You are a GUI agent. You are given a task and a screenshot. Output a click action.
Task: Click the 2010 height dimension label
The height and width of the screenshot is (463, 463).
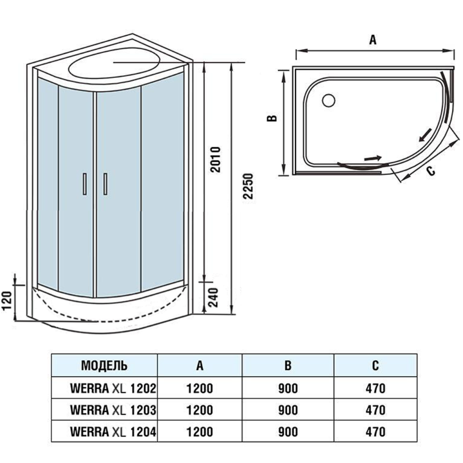pyautogui.click(x=215, y=160)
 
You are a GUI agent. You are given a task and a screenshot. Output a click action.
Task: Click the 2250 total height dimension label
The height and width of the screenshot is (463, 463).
pyautogui.click(x=247, y=186)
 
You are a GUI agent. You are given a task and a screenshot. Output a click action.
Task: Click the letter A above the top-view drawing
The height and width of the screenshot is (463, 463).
pyautogui.click(x=373, y=40)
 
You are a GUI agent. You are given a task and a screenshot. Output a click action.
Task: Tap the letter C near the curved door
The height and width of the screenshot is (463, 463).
pyautogui.click(x=431, y=171)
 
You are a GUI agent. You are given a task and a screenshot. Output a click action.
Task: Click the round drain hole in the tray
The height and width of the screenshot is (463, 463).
pyautogui.click(x=329, y=100)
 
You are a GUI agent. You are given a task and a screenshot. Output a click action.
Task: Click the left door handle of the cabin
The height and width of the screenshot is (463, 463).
pyautogui.click(x=85, y=184)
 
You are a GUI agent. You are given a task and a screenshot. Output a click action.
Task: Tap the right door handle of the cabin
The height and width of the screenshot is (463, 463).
pyautogui.click(x=105, y=184)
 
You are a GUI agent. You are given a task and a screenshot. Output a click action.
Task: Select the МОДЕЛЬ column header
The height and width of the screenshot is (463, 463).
pyautogui.click(x=104, y=365)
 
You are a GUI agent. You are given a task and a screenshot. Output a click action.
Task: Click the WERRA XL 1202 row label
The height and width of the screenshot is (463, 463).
pyautogui.click(x=113, y=388)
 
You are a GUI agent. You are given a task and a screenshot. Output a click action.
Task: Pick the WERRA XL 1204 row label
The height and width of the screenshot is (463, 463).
pyautogui.click(x=113, y=431)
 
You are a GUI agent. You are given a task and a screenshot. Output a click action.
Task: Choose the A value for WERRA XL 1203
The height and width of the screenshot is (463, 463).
pyautogui.click(x=200, y=410)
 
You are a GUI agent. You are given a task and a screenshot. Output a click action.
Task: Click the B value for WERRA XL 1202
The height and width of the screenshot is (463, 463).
pyautogui.click(x=288, y=388)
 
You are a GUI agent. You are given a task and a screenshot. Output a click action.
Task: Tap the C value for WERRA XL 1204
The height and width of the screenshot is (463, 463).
pyautogui.click(x=375, y=431)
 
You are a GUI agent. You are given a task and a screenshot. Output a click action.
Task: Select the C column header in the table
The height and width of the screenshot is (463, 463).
pyautogui.click(x=375, y=365)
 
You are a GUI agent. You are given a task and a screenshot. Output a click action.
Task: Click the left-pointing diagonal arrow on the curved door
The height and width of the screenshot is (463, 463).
pyautogui.click(x=425, y=135)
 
